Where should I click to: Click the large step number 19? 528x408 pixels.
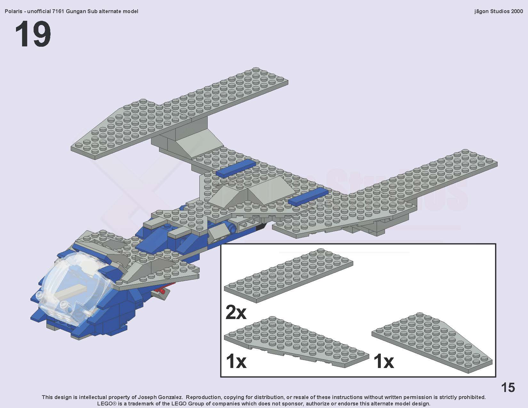[33, 34]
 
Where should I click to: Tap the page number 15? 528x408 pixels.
[508, 388]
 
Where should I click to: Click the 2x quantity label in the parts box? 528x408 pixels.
[236, 312]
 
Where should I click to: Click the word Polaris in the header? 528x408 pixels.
[13, 12]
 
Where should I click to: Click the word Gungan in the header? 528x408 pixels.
[75, 12]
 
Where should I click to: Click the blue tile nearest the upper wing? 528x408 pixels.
[236, 168]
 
